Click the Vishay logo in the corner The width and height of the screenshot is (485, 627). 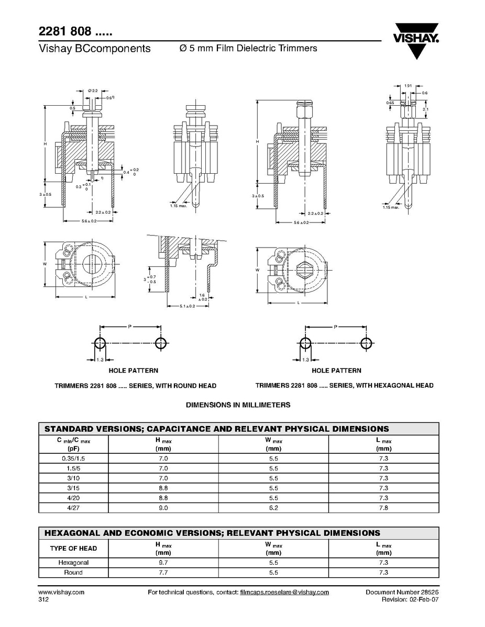tap(417, 39)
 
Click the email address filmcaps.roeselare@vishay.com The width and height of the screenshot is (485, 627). tap(284, 592)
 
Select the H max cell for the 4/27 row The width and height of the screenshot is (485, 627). tap(163, 508)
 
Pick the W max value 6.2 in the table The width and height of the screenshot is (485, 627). tap(273, 508)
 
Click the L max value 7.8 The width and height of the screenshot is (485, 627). tap(383, 508)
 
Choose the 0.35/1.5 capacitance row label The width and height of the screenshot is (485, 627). tap(73, 458)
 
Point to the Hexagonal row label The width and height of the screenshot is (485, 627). tap(73, 563)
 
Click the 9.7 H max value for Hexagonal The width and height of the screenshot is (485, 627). tap(163, 563)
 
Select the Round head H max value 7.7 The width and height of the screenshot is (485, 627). tap(163, 573)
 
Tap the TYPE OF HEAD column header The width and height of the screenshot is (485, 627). tap(73, 548)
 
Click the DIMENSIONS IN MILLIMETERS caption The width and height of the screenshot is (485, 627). tap(238, 405)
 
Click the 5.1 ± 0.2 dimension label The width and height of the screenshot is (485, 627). tap(183, 306)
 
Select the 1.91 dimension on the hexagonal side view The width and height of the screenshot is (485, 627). tap(408, 85)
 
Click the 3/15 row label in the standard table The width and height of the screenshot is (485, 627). tap(73, 488)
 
